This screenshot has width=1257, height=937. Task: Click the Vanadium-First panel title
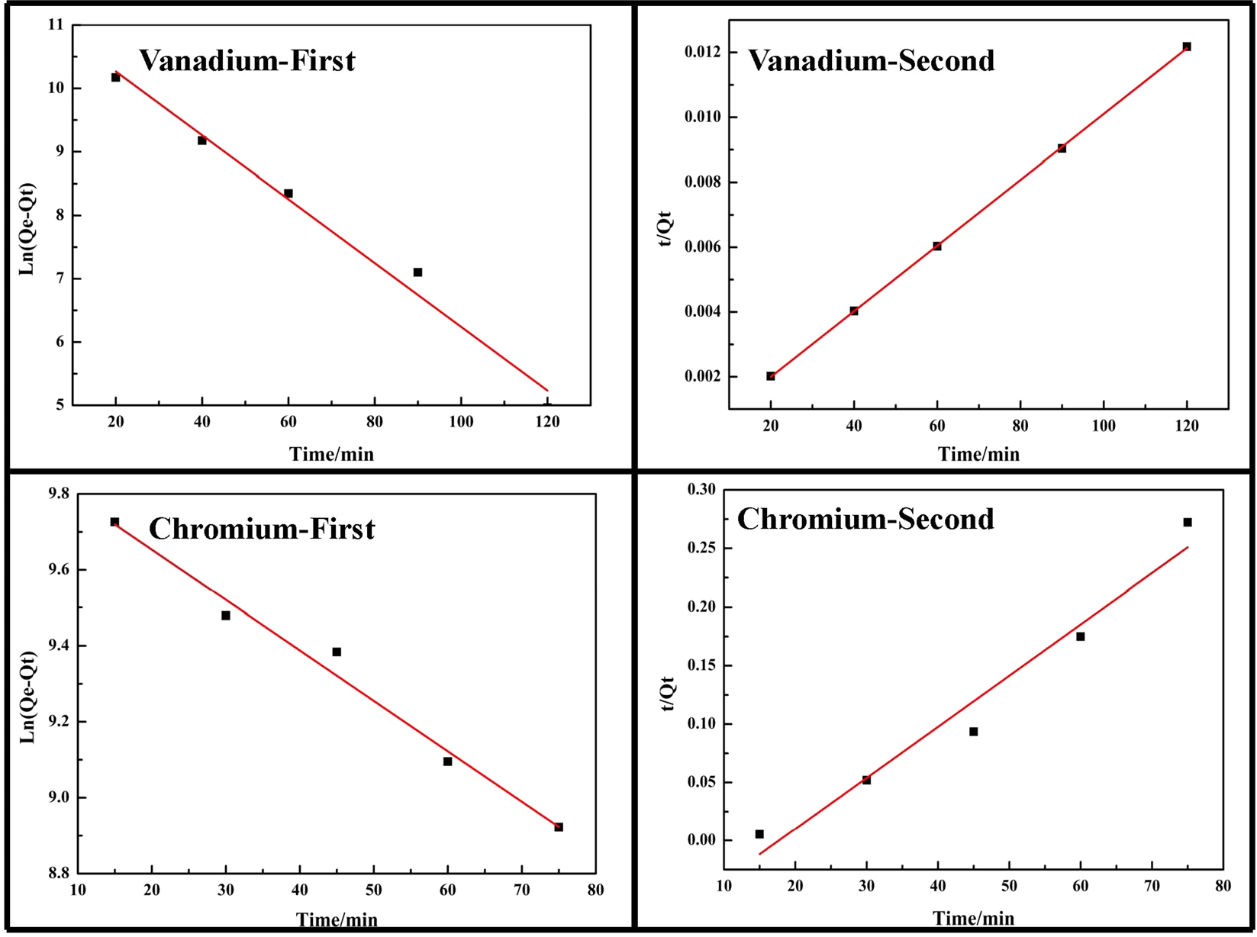[x=247, y=61]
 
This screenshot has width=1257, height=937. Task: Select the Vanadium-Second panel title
[x=871, y=61]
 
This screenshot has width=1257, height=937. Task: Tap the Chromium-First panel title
[x=262, y=529]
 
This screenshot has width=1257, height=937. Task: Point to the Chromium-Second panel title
[x=865, y=520]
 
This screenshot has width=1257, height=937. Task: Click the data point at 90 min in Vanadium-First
[x=417, y=272]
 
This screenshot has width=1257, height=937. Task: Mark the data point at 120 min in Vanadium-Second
[x=1187, y=47]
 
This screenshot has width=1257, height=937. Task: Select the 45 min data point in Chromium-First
[x=337, y=652]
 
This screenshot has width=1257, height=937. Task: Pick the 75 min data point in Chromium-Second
[x=1188, y=522]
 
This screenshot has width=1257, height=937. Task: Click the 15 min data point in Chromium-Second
[x=759, y=834]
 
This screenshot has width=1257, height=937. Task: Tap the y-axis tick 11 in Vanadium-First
[x=56, y=24]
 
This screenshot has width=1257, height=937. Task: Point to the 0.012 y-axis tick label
[x=701, y=52]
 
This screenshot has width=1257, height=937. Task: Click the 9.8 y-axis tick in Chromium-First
[x=58, y=494]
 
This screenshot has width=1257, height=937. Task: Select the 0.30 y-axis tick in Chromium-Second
[x=702, y=490]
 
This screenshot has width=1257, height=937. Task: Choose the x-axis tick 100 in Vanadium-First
[x=461, y=422]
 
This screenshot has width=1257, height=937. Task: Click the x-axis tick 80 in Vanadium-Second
[x=1020, y=427]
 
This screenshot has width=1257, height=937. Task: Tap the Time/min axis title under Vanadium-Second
[x=978, y=455]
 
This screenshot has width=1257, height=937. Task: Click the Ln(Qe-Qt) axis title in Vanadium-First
[x=27, y=229]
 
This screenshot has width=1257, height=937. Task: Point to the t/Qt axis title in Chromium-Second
[x=668, y=693]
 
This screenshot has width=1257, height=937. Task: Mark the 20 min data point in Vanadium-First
[x=115, y=77]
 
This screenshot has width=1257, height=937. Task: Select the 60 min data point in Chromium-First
[x=447, y=762]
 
